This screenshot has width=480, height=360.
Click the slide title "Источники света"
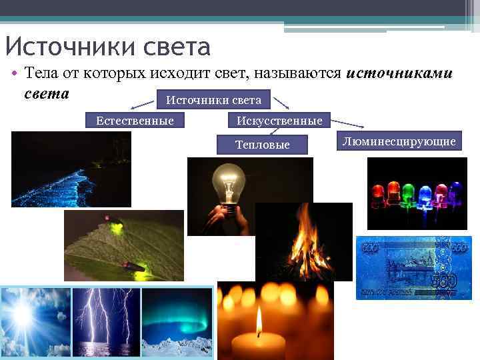[x=107, y=47]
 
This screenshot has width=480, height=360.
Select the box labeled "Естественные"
[x=135, y=121]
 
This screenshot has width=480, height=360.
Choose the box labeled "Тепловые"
[x=263, y=145]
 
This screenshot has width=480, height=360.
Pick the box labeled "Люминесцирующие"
[x=399, y=141]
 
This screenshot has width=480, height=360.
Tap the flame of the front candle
[x=259, y=321]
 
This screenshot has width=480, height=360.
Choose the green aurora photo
[x=176, y=322]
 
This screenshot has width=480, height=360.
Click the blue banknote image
[x=413, y=267]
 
